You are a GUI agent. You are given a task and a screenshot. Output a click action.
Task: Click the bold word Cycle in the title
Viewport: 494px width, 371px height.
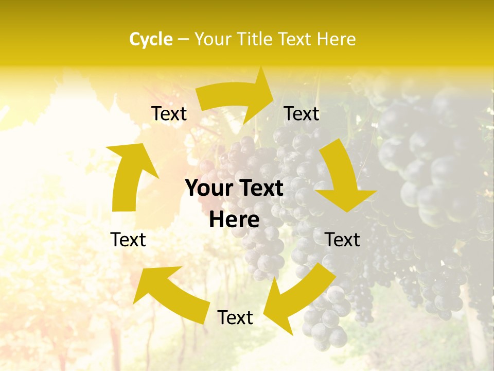point(151,39)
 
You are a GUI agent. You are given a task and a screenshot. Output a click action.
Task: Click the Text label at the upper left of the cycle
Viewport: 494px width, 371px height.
point(169,114)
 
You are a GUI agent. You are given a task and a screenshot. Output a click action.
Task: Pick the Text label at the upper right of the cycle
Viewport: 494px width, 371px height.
point(302,114)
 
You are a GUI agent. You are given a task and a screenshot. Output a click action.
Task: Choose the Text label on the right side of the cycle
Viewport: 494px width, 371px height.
point(343,240)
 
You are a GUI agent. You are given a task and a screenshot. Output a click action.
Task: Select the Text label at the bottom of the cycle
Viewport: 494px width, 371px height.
point(235,317)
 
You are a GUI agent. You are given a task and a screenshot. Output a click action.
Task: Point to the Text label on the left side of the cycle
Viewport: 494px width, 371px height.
point(128,240)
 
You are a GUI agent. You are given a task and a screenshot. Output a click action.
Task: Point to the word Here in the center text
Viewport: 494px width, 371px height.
point(234,220)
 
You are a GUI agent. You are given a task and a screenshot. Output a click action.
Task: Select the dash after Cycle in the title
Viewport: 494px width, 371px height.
point(183,39)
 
